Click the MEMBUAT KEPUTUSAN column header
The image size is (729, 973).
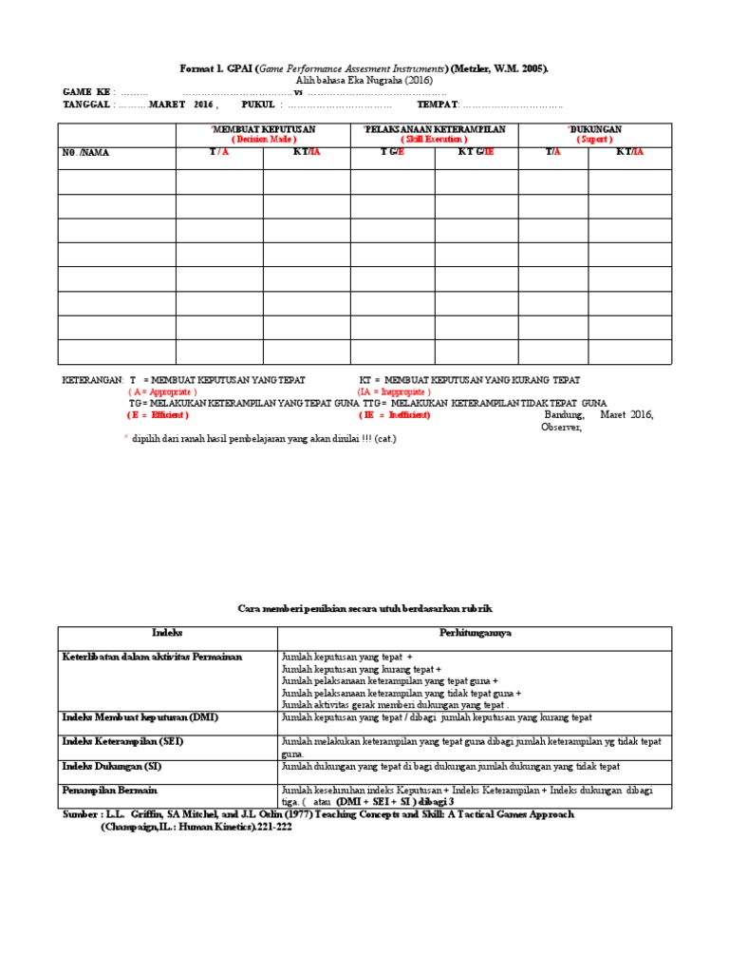264,128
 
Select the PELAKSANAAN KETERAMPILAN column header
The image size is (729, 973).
436,128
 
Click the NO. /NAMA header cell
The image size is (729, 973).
85,152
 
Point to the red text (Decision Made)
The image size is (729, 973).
263,139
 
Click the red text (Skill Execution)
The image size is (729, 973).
435,139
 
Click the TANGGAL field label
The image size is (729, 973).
86,105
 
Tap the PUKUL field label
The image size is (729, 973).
257,105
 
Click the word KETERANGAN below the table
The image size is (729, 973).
92,379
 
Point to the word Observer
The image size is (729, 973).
560,427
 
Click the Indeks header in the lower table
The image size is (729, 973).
167,632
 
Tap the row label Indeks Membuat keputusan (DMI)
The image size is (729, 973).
140,716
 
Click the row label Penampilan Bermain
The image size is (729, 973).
109,790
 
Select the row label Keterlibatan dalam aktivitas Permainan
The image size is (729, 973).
152,657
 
